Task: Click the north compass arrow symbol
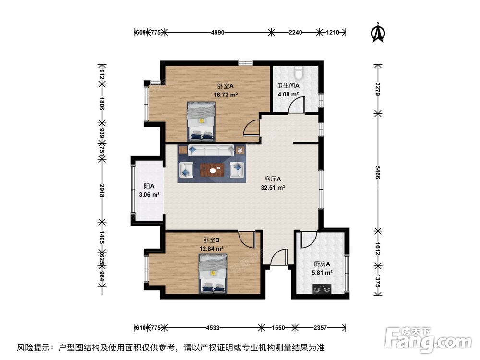pos(379,32)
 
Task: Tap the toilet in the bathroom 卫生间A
pos(299,73)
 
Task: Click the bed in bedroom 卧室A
pos(201,121)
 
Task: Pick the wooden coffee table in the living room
pos(211,169)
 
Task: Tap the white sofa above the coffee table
pos(211,150)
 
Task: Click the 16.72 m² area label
pos(226,95)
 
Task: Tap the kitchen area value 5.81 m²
pos(322,272)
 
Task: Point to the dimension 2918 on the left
pos(102,190)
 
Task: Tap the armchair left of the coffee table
pos(186,169)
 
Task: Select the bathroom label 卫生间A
pos(288,86)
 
